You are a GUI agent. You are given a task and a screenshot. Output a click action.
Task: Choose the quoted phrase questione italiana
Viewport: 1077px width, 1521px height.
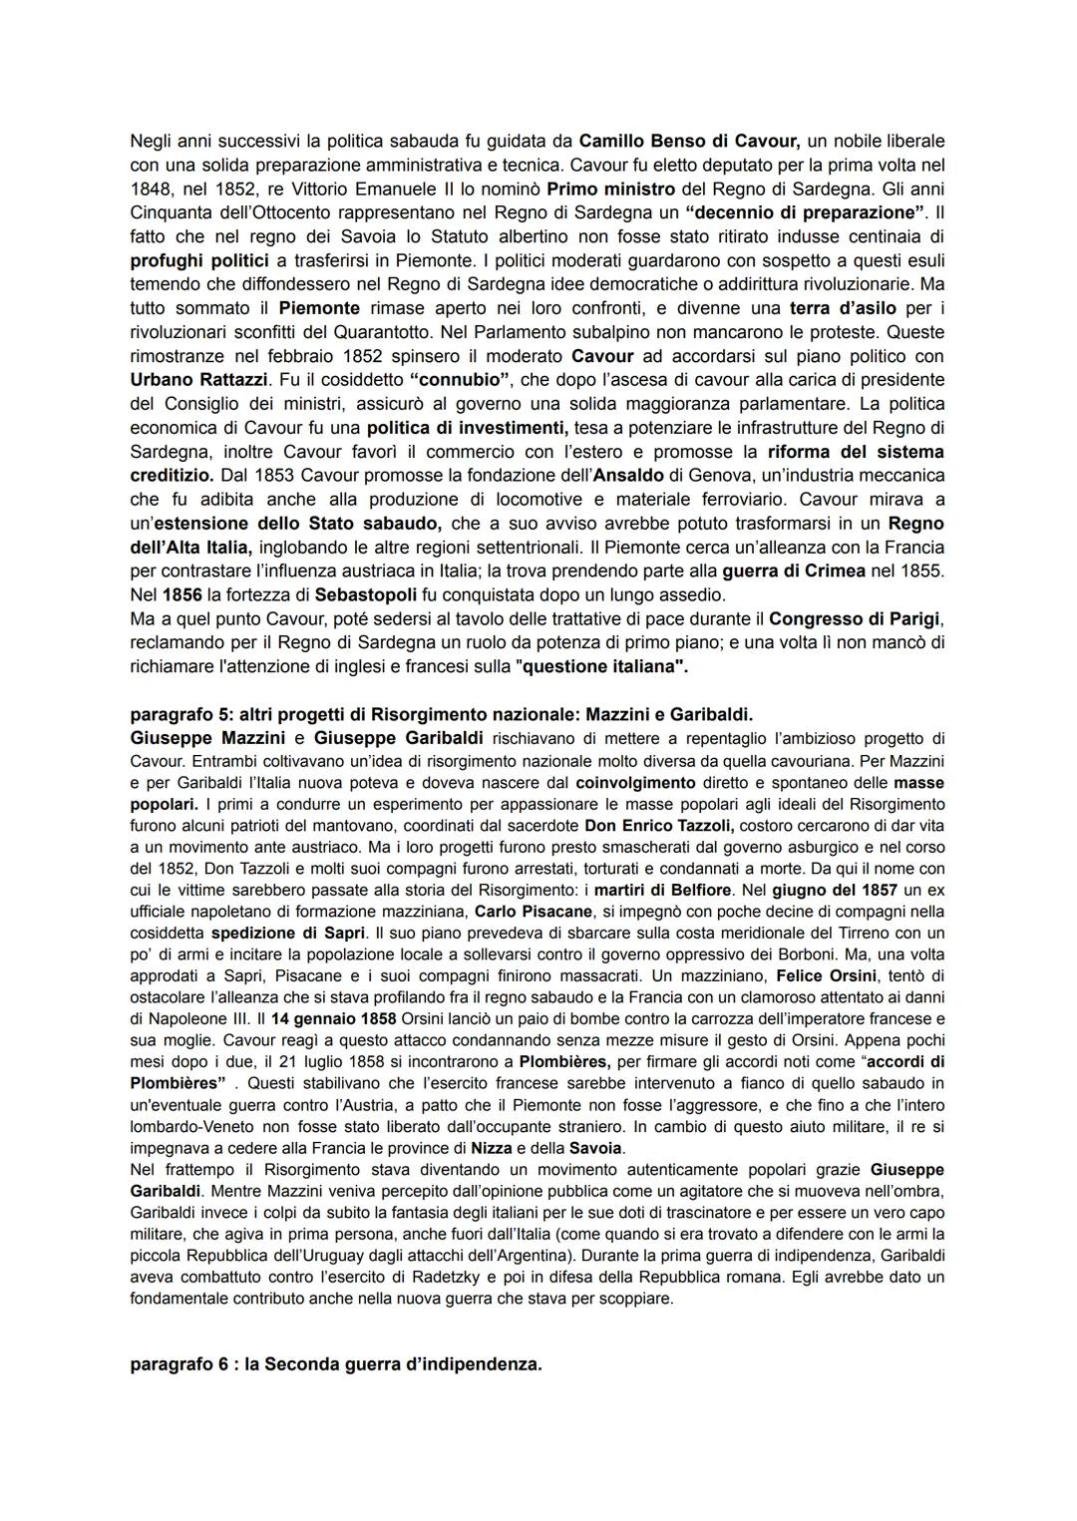point(602,667)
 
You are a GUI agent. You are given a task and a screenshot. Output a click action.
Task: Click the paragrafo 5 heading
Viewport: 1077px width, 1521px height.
point(441,715)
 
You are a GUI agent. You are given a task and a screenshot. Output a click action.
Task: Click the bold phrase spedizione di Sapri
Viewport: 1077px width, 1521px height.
point(287,934)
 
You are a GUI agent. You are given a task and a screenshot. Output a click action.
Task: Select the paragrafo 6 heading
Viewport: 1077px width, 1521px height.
point(336,1364)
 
